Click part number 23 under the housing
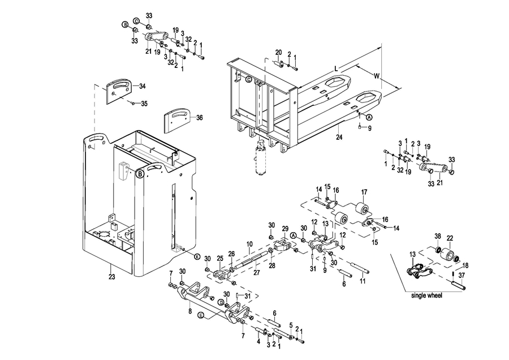click(111, 277)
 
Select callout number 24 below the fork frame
click(339, 137)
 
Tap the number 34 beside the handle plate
click(142, 86)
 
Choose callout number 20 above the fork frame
click(278, 53)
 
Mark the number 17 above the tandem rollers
click(364, 191)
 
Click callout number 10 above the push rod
click(249, 244)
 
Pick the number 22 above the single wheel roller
click(450, 237)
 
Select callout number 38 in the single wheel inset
click(438, 235)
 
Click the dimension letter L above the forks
click(337, 68)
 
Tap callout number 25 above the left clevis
click(220, 258)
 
